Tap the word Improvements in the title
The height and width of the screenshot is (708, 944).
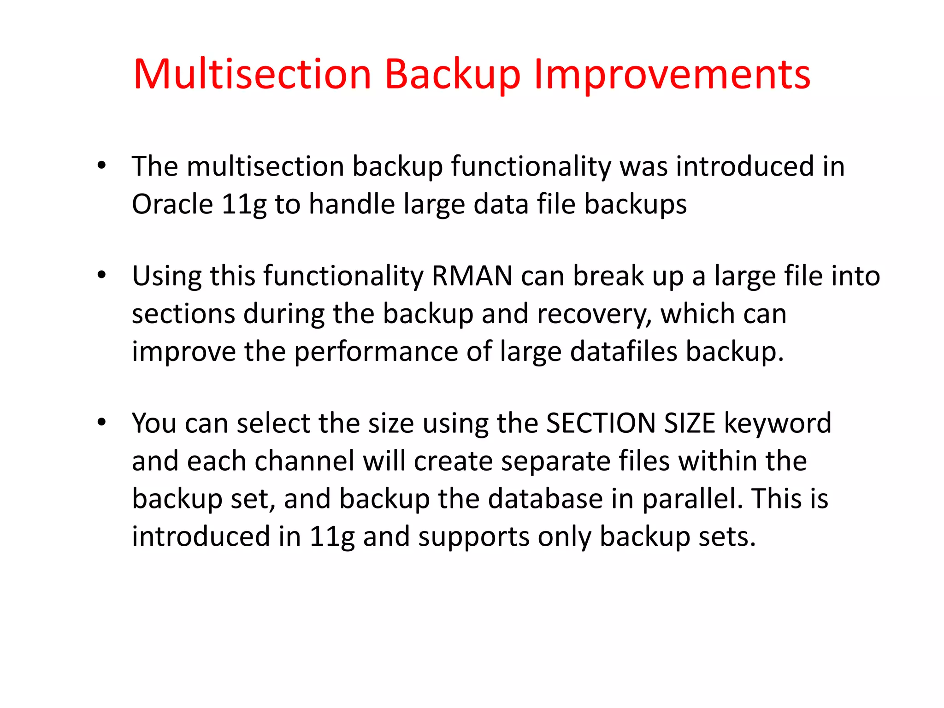point(672,75)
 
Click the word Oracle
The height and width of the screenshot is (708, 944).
point(172,204)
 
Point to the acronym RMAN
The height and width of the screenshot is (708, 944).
point(472,277)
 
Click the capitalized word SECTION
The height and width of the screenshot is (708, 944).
point(601,423)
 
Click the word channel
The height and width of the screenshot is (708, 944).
point(305,461)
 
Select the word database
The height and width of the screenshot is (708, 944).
point(545,499)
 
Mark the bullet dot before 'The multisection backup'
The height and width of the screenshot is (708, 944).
point(102,165)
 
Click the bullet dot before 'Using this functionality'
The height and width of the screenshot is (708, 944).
point(102,276)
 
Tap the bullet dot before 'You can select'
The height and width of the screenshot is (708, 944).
point(102,422)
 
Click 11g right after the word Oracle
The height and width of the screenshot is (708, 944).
point(244,205)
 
